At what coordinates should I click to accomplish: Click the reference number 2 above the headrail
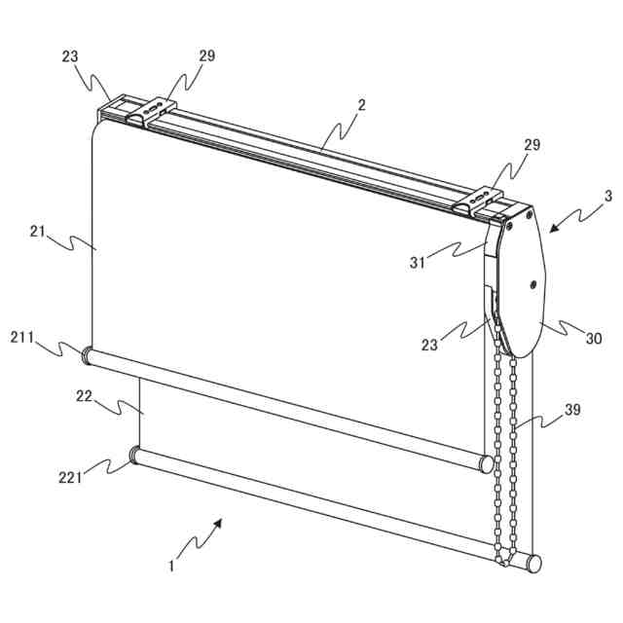tap(362, 104)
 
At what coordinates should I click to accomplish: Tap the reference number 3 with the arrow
tap(608, 196)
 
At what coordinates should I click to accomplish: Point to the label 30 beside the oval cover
tap(593, 339)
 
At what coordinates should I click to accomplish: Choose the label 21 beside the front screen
tap(38, 231)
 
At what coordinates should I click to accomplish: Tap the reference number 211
tap(22, 338)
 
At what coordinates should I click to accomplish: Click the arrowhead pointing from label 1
tap(220, 523)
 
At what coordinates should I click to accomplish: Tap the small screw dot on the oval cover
tap(532, 285)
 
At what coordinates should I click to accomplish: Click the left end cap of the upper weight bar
tap(87, 356)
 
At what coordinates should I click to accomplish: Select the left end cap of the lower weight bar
tap(134, 455)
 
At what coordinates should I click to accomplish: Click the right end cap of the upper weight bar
tap(486, 462)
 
